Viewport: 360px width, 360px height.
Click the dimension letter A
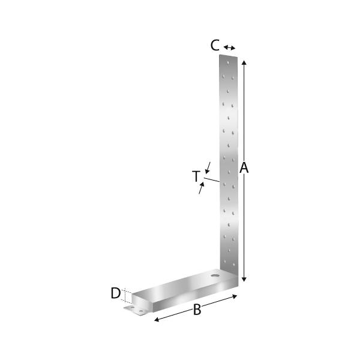(x=244, y=167)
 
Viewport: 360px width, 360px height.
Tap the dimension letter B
(x=197, y=310)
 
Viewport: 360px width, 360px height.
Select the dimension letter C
(x=215, y=45)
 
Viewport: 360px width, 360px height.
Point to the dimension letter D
(x=115, y=293)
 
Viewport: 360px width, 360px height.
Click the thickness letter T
(x=196, y=176)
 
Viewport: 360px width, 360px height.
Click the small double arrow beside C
(x=230, y=48)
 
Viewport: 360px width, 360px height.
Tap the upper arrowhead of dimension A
(x=244, y=63)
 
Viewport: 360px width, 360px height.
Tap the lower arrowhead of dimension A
(x=244, y=279)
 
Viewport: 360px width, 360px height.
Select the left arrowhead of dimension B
(x=157, y=319)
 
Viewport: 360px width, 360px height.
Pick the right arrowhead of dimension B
(x=234, y=296)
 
